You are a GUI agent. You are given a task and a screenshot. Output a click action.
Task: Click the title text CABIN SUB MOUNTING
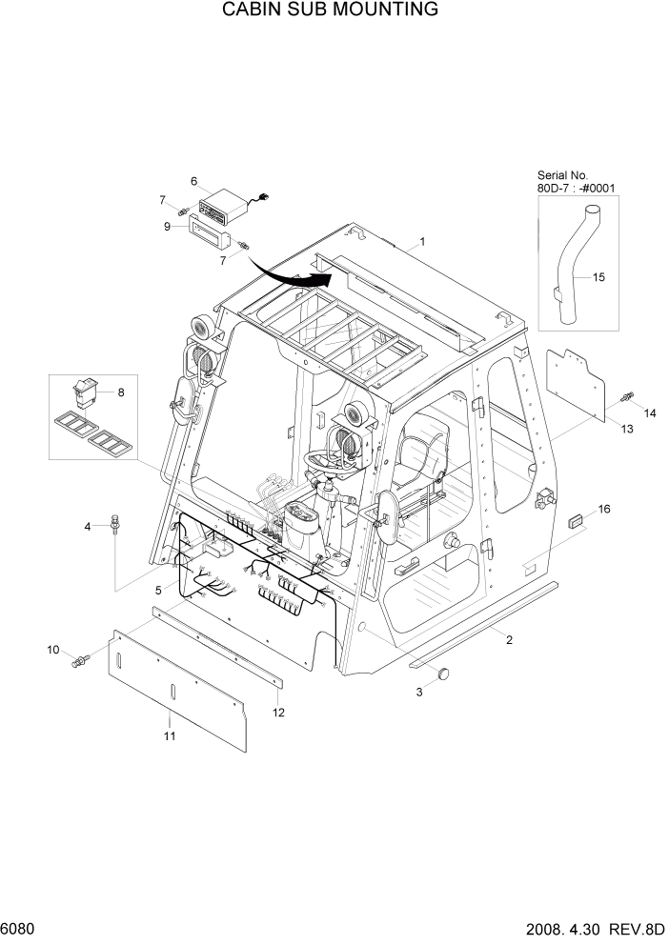[317, 10]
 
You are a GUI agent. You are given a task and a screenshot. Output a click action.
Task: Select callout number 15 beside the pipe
[598, 277]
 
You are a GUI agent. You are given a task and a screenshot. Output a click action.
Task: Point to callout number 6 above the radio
[193, 180]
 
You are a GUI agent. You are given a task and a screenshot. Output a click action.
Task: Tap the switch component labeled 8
[89, 392]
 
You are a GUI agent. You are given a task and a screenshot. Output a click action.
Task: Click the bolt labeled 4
[115, 521]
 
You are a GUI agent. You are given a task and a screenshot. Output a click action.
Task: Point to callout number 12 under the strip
[278, 712]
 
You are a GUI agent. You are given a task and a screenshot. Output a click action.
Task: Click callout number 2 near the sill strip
[509, 639]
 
